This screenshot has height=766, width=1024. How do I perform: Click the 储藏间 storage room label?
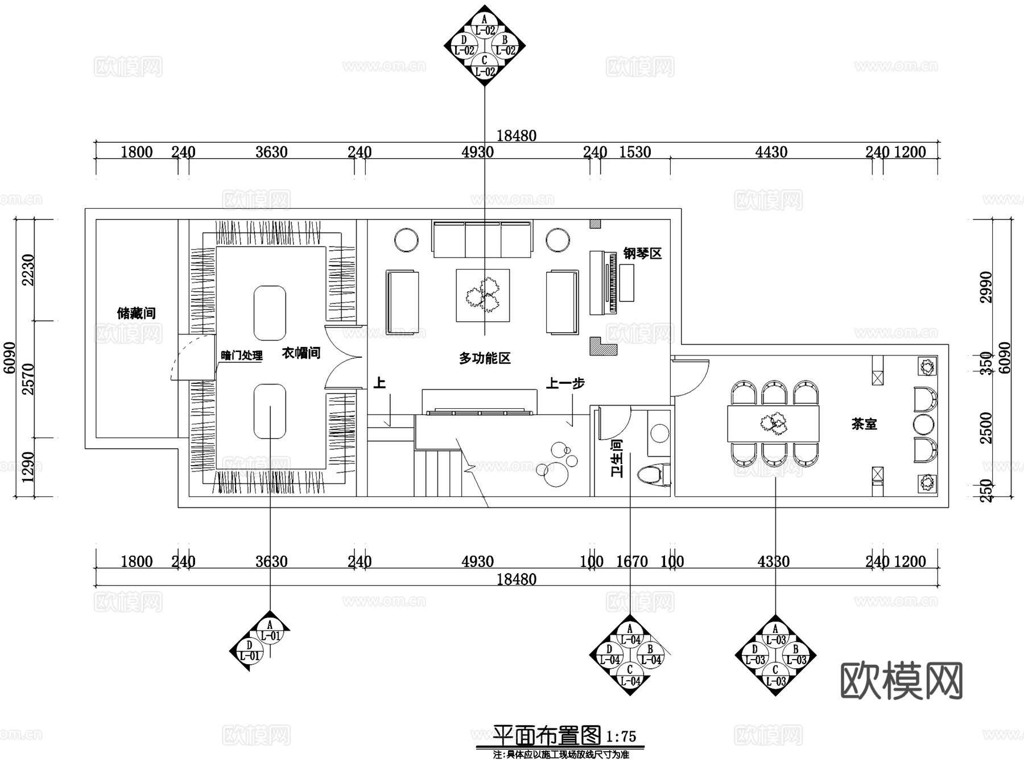[x=136, y=313]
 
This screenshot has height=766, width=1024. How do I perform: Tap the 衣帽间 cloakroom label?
[x=301, y=353]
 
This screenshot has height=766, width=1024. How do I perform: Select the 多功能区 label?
[x=485, y=358]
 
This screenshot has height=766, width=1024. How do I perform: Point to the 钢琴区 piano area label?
[x=642, y=254]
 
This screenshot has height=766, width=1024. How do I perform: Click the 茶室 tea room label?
[x=864, y=424]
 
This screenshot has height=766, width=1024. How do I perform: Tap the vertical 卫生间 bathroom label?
[x=617, y=457]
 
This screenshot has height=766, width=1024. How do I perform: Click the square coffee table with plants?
[x=482, y=296]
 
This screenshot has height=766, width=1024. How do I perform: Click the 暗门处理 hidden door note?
[x=242, y=356]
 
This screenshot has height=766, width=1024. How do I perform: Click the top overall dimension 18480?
[x=516, y=136]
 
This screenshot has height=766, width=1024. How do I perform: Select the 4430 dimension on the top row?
[x=771, y=152]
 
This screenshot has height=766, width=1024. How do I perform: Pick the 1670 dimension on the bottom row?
[x=632, y=562]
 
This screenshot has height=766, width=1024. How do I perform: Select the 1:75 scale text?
[x=621, y=737]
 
